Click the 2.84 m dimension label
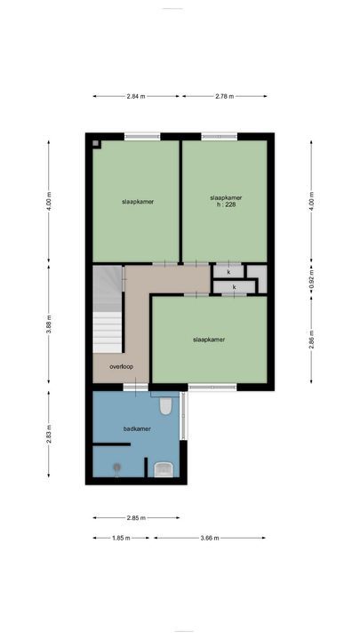tap(136, 96)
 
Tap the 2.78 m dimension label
tap(223, 96)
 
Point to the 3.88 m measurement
tap(51, 327)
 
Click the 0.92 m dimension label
tap(311, 281)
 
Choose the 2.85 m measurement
tap(136, 517)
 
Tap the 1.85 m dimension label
tap(122, 538)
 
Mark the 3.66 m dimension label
tap(211, 538)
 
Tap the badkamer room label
tap(137, 428)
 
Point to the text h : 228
tap(226, 205)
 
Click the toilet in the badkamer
tap(165, 408)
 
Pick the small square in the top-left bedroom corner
tap(97, 144)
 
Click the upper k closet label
tap(228, 271)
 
